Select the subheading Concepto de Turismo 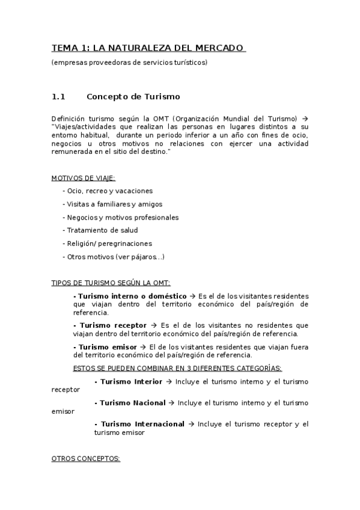pyautogui.click(x=133, y=96)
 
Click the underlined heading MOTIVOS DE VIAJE pyautogui.click(x=84, y=177)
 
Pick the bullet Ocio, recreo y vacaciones pyautogui.click(x=107, y=191)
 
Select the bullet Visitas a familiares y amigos pyautogui.click(x=112, y=204)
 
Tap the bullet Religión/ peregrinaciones pyautogui.click(x=107, y=244)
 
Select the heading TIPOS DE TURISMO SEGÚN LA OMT pyautogui.click(x=111, y=283)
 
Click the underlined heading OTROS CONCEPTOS pyautogui.click(x=86, y=458)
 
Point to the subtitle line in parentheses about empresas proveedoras pyautogui.click(x=129, y=63)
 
